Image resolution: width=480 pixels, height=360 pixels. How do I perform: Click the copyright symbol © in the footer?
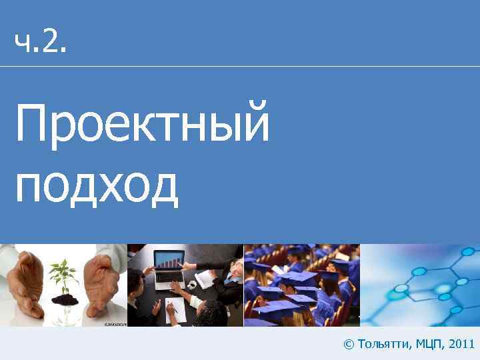tap(348, 344)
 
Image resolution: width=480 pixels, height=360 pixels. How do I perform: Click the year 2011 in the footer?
tap(462, 344)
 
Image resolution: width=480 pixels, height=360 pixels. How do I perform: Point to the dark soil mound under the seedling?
tap(65, 299)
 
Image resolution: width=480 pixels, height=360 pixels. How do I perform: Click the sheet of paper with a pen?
tap(175, 309)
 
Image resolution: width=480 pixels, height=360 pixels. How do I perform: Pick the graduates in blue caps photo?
tap(301, 285)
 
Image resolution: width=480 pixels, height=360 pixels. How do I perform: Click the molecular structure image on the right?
tap(420, 285)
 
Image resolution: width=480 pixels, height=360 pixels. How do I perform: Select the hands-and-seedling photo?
tap(63, 285)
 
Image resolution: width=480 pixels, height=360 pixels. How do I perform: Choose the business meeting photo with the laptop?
tap(185, 285)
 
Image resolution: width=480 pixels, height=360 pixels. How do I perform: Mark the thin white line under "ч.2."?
tap(240, 66)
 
